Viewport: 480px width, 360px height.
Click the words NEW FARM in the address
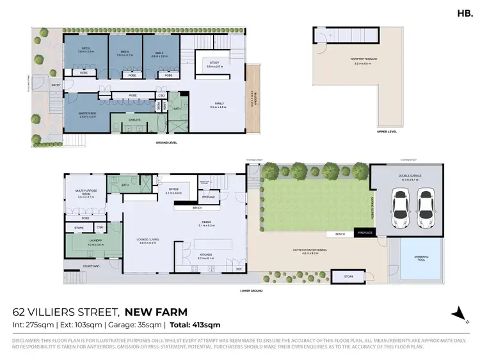point(156,313)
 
